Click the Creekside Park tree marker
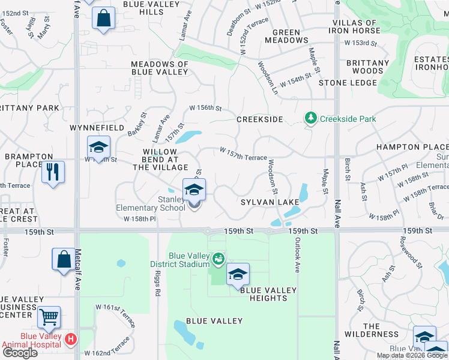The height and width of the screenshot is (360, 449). point(311,119)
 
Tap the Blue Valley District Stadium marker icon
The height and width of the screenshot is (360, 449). point(218,259)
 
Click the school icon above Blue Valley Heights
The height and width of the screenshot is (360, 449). point(238,274)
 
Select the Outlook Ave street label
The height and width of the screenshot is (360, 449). point(297,255)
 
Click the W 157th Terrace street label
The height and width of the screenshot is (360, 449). point(243,154)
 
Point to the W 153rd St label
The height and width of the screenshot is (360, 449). point(360,43)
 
